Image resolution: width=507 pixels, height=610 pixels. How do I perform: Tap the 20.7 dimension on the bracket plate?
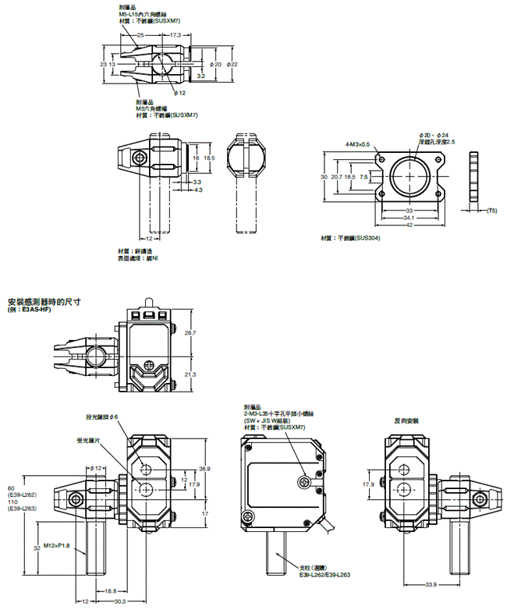pyautogui.click(x=337, y=178)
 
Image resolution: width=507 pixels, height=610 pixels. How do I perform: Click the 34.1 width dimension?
pyautogui.click(x=409, y=218)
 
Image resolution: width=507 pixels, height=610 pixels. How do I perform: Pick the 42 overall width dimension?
pyautogui.click(x=409, y=225)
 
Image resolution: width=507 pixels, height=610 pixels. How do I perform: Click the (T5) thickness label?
pyautogui.click(x=491, y=211)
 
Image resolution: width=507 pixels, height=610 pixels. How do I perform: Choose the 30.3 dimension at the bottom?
pyautogui.click(x=119, y=601)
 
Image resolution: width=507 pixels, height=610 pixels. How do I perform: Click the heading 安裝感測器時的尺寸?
pyautogui.click(x=44, y=300)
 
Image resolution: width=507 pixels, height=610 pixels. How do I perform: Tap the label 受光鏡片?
pyautogui.click(x=89, y=440)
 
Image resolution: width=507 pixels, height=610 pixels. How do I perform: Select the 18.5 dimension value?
pyautogui.click(x=209, y=158)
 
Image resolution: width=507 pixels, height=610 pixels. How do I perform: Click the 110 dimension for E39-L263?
pyautogui.click(x=12, y=502)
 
